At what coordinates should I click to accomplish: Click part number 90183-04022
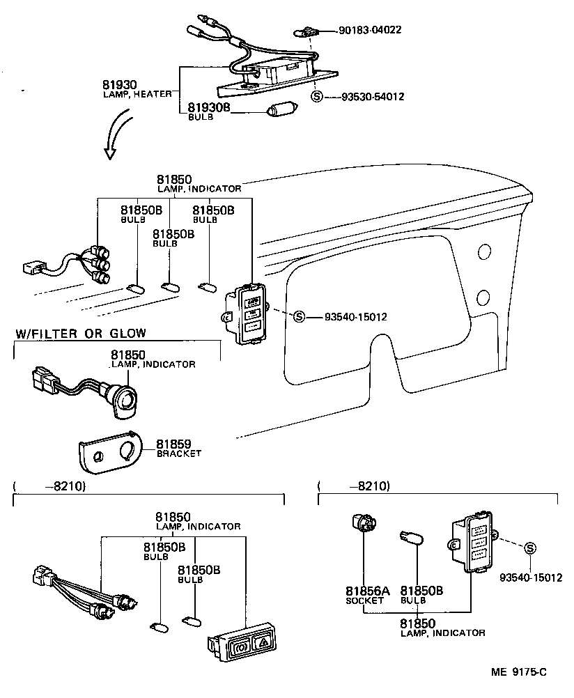pyautogui.click(x=370, y=31)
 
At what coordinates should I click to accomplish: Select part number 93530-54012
pyautogui.click(x=373, y=97)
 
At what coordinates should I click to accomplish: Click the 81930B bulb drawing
pyautogui.click(x=282, y=110)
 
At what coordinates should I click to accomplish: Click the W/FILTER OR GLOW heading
pyautogui.click(x=81, y=334)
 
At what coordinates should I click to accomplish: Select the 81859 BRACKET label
pyautogui.click(x=178, y=447)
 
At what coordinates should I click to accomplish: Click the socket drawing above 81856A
pyautogui.click(x=361, y=523)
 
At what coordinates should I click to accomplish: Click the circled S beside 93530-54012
pyautogui.click(x=317, y=97)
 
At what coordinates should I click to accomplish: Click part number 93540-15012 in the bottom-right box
pyautogui.click(x=530, y=577)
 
